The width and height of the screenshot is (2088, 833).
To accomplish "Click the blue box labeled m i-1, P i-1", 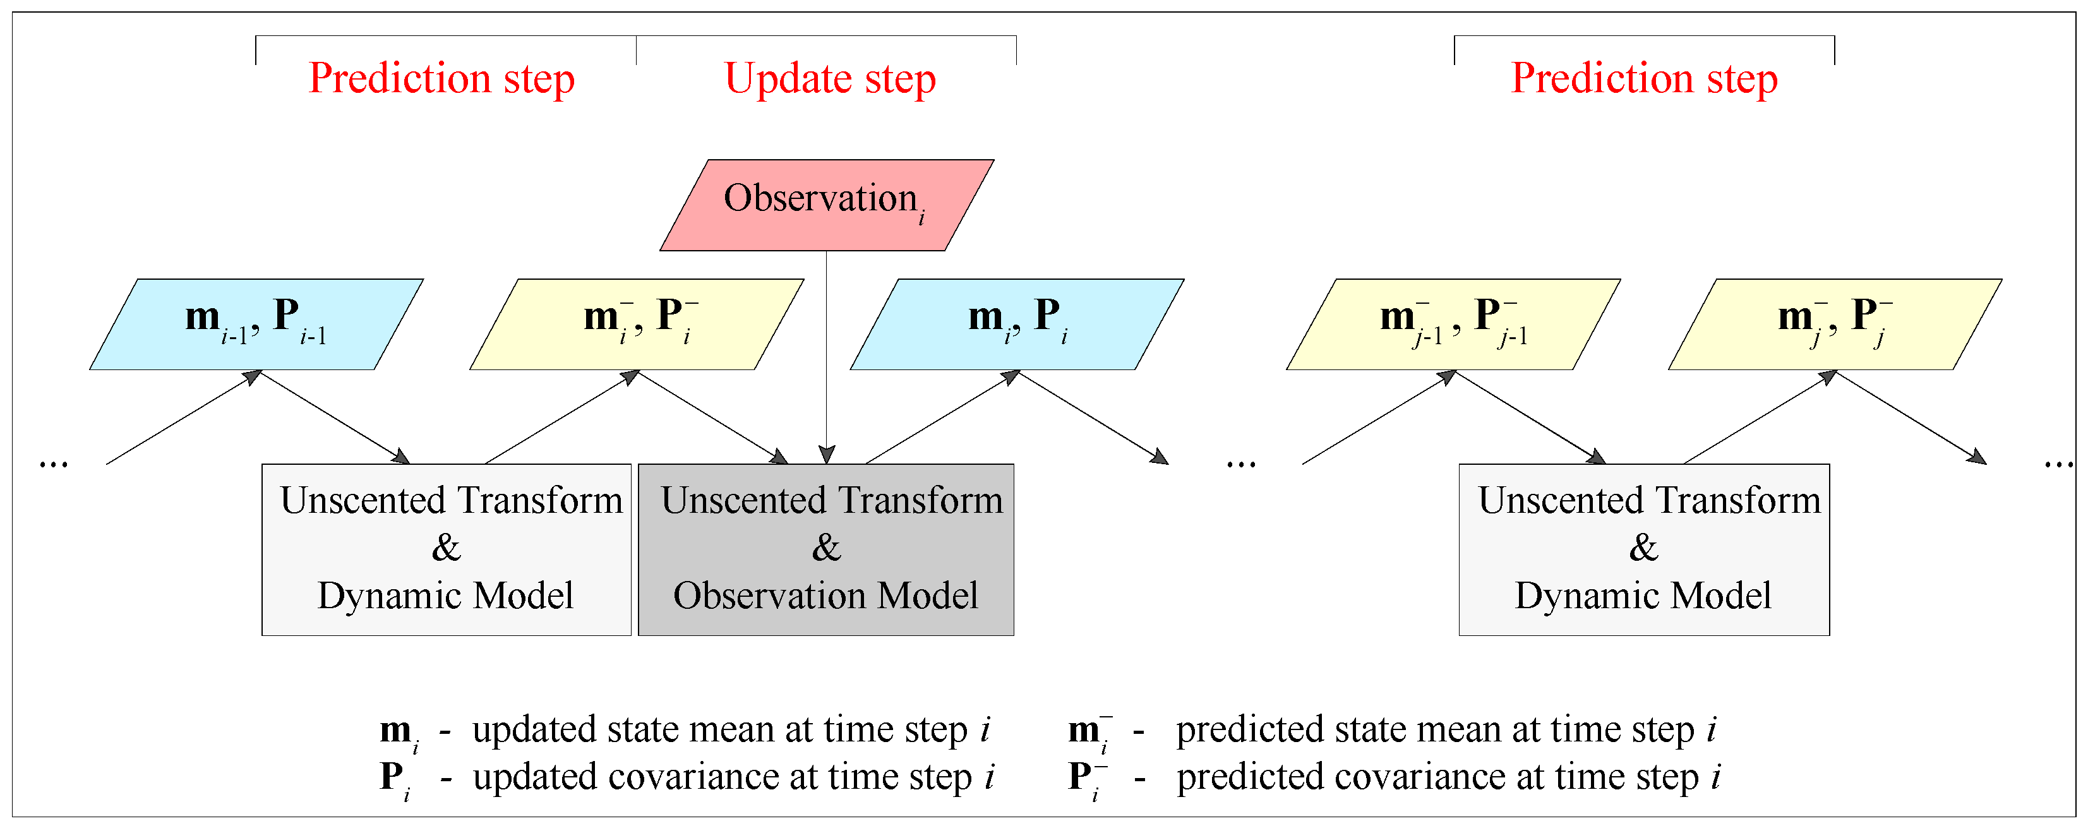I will click(256, 324).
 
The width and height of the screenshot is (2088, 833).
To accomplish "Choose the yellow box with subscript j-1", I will click(1453, 324).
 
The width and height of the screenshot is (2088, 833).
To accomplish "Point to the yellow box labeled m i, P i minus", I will click(636, 324).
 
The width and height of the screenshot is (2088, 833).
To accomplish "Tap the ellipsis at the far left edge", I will click(54, 464).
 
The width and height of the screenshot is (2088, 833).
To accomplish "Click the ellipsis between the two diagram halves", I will click(1240, 464).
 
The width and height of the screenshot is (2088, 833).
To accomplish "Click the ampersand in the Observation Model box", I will click(826, 548).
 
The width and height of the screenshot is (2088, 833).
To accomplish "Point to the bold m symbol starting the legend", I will click(395, 730).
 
